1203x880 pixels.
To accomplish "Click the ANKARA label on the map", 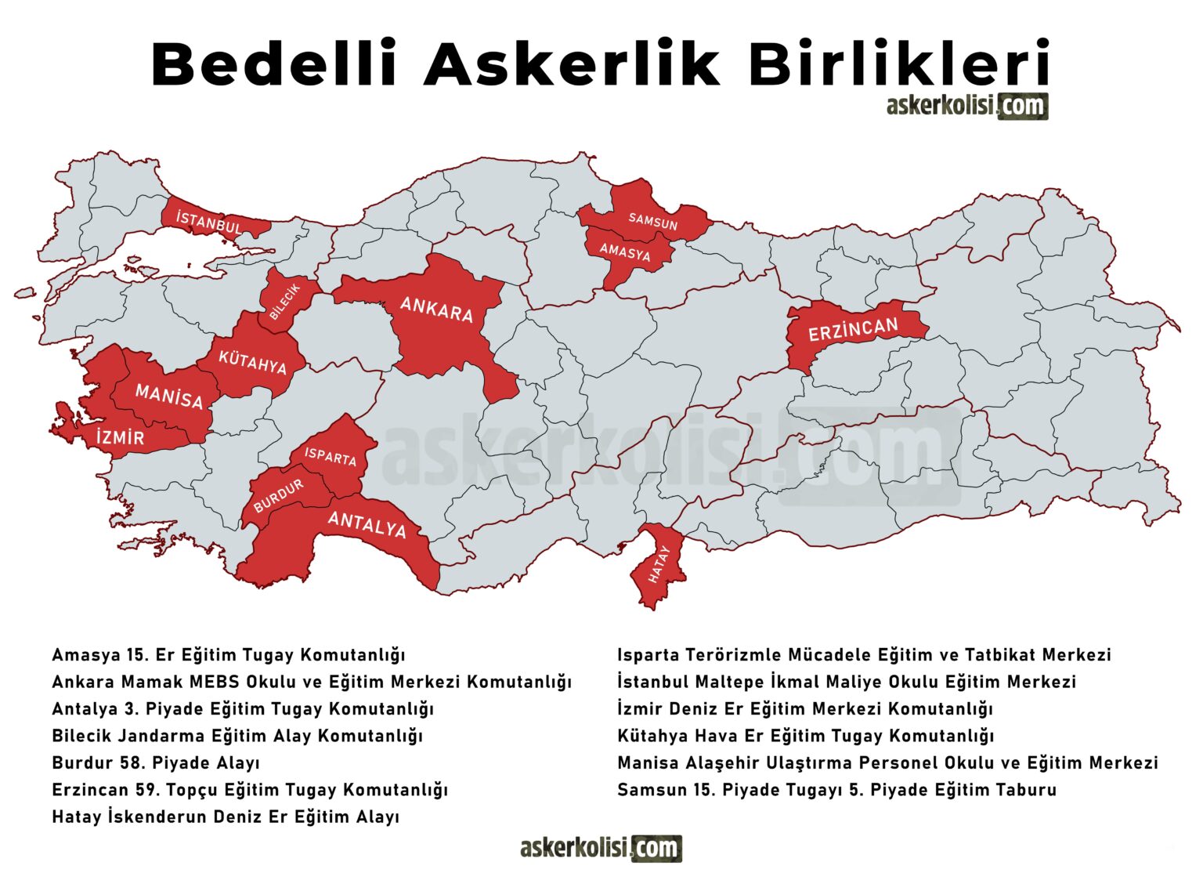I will point(436,309).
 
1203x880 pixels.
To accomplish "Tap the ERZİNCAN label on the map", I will point(853,329).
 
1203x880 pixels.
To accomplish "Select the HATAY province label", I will point(659,564).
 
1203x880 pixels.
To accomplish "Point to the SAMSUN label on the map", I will point(652,221).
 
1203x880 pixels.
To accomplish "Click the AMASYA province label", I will point(625,252).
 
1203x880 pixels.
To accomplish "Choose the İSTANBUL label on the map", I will point(209,223).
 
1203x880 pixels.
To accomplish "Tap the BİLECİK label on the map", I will point(284,302).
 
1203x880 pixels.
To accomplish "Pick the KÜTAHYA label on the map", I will point(252,363).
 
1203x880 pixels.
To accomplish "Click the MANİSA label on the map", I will point(169,397).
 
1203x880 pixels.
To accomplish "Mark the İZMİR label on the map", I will point(121,437).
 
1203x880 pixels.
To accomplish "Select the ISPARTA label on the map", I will point(331,457).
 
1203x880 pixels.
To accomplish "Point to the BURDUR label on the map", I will point(278,496).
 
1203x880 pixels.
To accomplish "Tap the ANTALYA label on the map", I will point(367,523).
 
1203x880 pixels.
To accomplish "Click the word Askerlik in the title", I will point(571,64).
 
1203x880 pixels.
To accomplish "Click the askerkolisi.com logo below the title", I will point(966,106).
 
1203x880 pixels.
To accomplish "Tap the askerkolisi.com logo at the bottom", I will point(601,848).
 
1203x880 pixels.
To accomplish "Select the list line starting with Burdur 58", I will point(156,762).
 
